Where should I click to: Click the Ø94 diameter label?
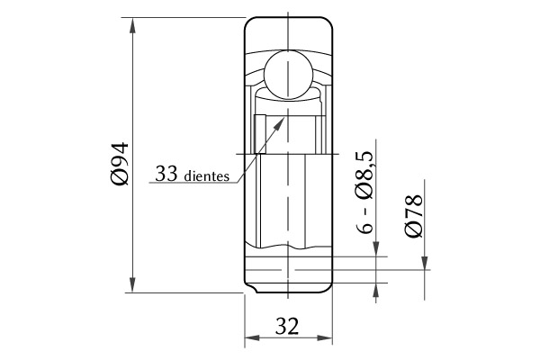pyautogui.click(x=121, y=163)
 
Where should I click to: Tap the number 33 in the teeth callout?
pyautogui.click(x=166, y=174)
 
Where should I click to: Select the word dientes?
pyautogui.click(x=207, y=175)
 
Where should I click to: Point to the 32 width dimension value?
pyautogui.click(x=287, y=326)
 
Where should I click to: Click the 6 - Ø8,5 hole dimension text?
pyautogui.click(x=364, y=192)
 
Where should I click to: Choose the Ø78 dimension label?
pyautogui.click(x=413, y=216)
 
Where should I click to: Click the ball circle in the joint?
pyautogui.click(x=289, y=75)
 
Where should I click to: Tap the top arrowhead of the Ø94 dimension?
pyautogui.click(x=132, y=25)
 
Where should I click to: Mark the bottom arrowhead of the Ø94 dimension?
pyautogui.click(x=132, y=284)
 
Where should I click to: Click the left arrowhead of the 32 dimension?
pyautogui.click(x=252, y=337)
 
